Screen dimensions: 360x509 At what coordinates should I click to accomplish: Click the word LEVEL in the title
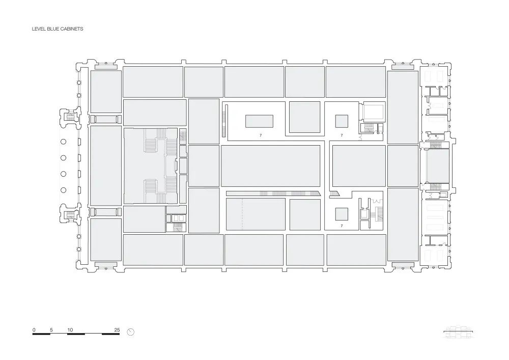39,29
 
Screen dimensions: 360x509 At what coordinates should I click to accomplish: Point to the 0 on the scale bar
34,330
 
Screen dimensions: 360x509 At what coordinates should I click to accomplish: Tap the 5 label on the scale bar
51,330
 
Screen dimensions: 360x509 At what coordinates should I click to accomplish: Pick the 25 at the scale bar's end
117,330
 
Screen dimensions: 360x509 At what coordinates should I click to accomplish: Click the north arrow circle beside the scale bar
131,332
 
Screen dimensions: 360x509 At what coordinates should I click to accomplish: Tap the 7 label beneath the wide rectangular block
260,135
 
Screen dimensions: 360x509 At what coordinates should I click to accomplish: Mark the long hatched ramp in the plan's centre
272,193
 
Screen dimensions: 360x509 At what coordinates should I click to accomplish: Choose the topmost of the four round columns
64,142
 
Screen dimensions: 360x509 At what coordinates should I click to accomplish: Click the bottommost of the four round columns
64,190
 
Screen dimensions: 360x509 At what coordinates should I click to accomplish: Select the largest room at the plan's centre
270,166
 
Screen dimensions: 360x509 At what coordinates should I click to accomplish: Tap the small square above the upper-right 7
342,121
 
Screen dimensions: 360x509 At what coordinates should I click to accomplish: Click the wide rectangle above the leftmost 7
259,121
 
